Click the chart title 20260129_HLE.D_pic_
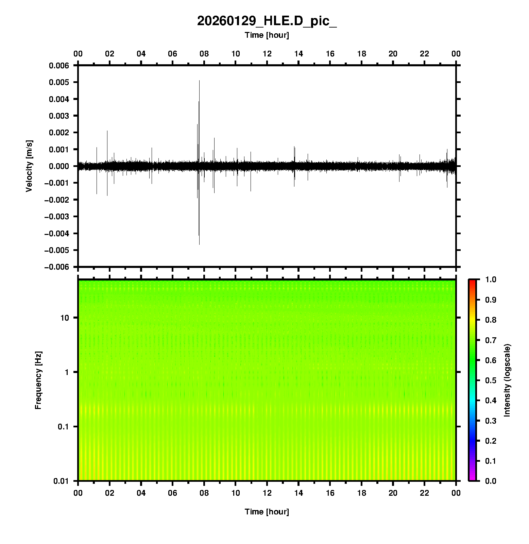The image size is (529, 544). [267, 21]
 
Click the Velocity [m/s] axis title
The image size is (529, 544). [29, 166]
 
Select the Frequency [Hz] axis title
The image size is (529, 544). [38, 380]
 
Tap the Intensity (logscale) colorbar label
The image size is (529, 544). [507, 380]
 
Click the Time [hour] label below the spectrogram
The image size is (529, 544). [267, 512]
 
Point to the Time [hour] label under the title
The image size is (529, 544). [267, 35]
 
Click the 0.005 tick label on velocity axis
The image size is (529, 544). [59, 82]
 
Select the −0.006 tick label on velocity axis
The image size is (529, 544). [56, 267]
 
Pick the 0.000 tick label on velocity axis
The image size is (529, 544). [59, 166]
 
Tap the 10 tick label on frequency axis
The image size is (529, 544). [65, 318]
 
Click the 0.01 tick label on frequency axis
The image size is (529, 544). [61, 481]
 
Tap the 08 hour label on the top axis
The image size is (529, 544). [204, 54]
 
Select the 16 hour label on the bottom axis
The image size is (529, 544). [330, 493]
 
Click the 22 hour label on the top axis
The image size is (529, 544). [425, 54]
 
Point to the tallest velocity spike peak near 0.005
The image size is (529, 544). [199, 81]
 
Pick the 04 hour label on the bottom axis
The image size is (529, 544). [141, 493]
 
